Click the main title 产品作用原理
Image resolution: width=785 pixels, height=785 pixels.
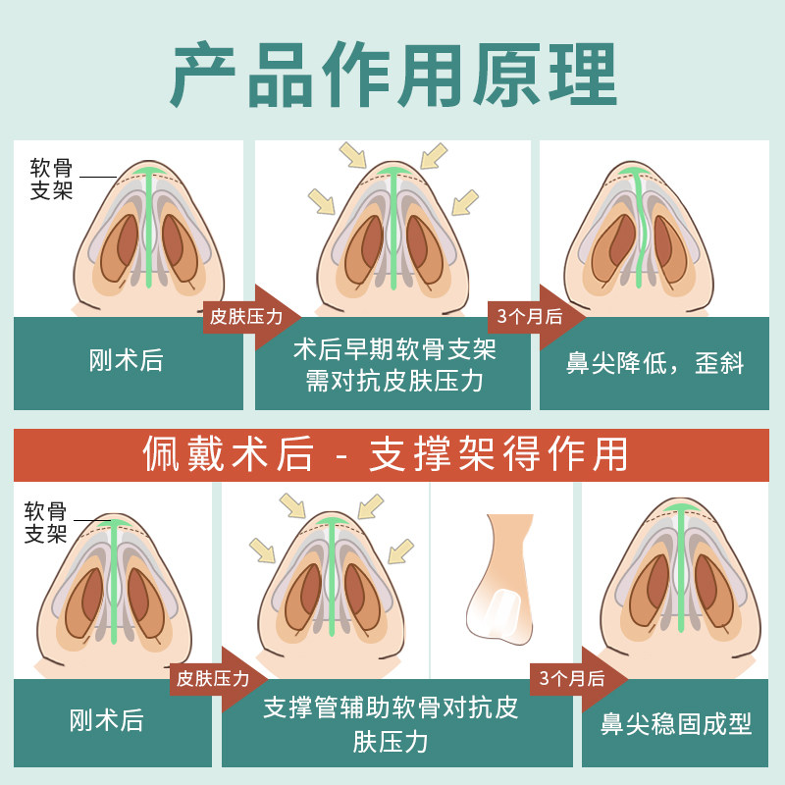392,74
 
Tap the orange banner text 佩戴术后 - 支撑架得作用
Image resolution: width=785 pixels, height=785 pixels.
392,454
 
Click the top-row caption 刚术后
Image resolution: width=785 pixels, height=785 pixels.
128,361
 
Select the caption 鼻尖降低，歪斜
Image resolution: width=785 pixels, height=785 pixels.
655,363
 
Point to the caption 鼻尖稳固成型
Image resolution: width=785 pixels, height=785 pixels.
676,724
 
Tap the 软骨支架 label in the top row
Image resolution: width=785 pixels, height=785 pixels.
51,179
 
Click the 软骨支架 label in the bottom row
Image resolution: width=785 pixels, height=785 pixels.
45,522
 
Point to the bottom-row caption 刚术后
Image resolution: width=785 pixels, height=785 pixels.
107,722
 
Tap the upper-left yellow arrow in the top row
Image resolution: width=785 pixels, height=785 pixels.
350,154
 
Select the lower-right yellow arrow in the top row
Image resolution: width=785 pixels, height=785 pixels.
463,201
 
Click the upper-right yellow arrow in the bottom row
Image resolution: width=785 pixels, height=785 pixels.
370,506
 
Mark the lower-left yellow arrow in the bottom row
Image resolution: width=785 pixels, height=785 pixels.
263,550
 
